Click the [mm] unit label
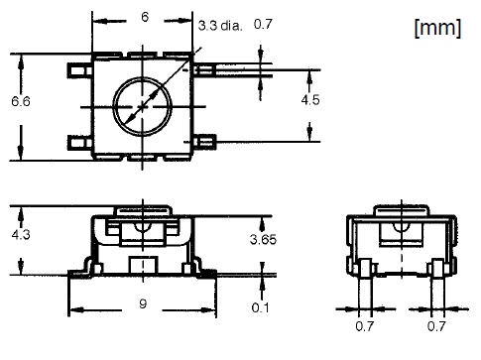[x=437, y=28]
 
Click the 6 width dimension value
[x=145, y=17]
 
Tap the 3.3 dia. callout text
[x=220, y=26]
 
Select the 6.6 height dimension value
[x=21, y=101]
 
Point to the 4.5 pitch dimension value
[x=310, y=99]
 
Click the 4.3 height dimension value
[x=21, y=234]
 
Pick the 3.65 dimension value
[x=263, y=239]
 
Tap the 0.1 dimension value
[x=260, y=307]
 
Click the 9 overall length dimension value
[x=143, y=303]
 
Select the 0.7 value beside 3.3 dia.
[x=263, y=24]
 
